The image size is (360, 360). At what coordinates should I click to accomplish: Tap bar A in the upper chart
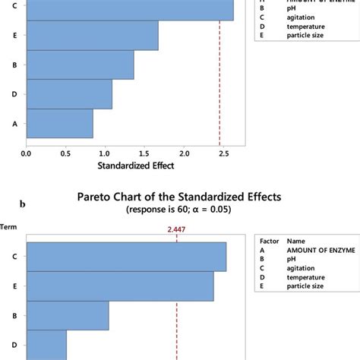pyautogui.click(x=59, y=123)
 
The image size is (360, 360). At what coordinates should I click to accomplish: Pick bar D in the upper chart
pyautogui.click(x=69, y=94)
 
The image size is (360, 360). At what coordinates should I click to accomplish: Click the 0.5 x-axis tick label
pyautogui.click(x=65, y=151)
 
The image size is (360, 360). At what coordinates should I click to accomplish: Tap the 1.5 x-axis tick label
pyautogui.click(x=144, y=151)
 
